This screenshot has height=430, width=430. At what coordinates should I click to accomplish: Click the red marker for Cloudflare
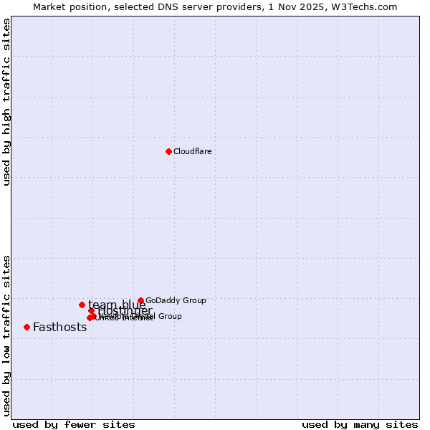pyautogui.click(x=168, y=151)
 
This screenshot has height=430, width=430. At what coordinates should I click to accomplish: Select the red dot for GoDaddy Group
pyautogui.click(x=140, y=301)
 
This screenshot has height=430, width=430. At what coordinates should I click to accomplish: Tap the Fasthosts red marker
pyautogui.click(x=27, y=327)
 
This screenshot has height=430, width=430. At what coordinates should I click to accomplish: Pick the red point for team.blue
pyautogui.click(x=82, y=305)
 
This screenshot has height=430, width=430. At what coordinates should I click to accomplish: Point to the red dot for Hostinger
pyautogui.click(x=91, y=311)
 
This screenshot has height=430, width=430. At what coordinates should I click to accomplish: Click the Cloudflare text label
pyautogui.click(x=192, y=151)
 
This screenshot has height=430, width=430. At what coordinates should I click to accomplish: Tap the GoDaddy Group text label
pyautogui.click(x=176, y=301)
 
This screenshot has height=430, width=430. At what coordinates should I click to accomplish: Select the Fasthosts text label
pyautogui.click(x=59, y=328)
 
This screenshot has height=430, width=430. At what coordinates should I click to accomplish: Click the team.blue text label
pyautogui.click(x=116, y=305)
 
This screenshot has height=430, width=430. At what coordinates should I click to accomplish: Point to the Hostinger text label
pyautogui.click(x=125, y=311)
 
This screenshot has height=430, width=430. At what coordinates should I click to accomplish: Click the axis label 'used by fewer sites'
pyautogui.click(x=73, y=425)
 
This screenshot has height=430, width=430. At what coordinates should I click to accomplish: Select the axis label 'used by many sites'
pyautogui.click(x=360, y=425)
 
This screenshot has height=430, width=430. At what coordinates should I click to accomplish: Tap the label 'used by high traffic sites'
pyautogui.click(x=6, y=102)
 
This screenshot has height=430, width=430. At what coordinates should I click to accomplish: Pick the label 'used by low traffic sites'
pyautogui.click(x=6, y=335)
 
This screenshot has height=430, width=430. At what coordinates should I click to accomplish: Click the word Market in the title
pyautogui.click(x=50, y=6)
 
